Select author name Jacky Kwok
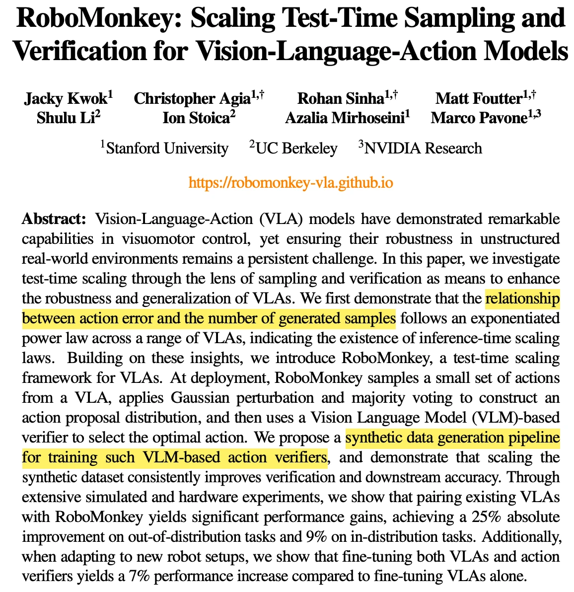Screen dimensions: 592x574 (66, 98)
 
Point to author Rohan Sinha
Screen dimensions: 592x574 (340, 98)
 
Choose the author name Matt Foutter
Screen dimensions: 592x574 (478, 98)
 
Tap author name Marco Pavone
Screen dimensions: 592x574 (479, 118)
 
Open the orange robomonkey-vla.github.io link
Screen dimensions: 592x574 (291, 183)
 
